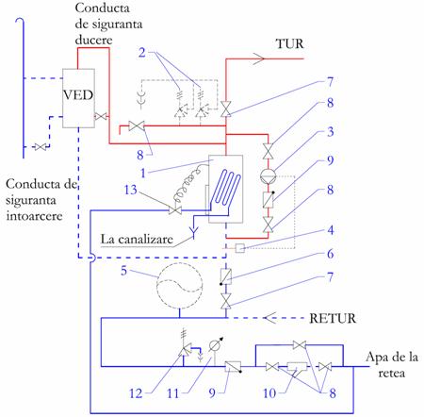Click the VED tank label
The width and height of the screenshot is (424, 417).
78,94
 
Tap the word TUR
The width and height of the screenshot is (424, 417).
290,44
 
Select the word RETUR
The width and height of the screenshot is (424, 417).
333,318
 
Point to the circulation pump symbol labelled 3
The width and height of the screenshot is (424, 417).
269,175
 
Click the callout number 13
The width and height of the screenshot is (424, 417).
131,190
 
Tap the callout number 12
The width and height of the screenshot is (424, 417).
136,393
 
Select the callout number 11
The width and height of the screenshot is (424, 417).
172,393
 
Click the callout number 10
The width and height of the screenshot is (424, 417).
269,393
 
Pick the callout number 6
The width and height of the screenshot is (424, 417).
331,254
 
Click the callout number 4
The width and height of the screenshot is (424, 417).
331,230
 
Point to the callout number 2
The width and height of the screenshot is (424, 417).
142,53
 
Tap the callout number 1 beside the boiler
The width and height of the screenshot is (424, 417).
143,173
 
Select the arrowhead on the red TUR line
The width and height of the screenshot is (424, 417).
259,58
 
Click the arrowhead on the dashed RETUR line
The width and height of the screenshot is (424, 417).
269,318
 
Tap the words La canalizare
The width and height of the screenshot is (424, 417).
137,240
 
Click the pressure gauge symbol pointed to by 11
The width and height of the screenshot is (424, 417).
215,346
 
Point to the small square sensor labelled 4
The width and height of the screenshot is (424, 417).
240,248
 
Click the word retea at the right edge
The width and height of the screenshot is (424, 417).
392,374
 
